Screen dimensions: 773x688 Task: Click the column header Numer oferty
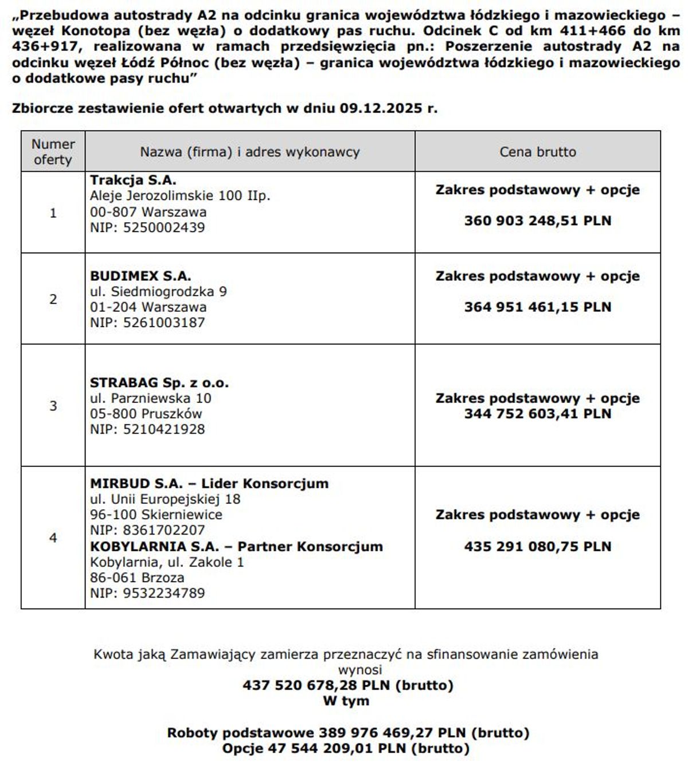(x=53, y=152)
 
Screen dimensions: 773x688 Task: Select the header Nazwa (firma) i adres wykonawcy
(x=250, y=152)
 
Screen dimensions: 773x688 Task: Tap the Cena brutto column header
(x=537, y=152)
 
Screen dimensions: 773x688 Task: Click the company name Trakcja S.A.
(x=133, y=181)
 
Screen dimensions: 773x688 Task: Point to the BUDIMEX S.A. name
(x=140, y=276)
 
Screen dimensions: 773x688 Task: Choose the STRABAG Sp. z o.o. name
(x=159, y=383)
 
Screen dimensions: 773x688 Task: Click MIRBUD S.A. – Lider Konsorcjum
(x=209, y=483)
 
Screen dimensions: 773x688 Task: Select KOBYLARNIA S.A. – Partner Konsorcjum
(x=236, y=546)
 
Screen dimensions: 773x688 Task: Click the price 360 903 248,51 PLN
(x=537, y=221)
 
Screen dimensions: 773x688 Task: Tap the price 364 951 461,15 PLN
(x=537, y=307)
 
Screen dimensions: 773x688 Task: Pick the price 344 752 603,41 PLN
(x=537, y=414)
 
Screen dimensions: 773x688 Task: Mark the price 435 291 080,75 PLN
(x=537, y=546)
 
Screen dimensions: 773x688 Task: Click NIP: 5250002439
(x=147, y=227)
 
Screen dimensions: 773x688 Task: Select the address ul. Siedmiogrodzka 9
(x=158, y=292)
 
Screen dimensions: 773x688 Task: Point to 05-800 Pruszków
(x=146, y=414)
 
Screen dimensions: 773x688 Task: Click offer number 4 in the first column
(x=53, y=537)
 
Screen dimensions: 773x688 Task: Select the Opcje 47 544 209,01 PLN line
(x=346, y=748)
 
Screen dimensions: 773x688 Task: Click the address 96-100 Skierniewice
(x=156, y=515)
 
